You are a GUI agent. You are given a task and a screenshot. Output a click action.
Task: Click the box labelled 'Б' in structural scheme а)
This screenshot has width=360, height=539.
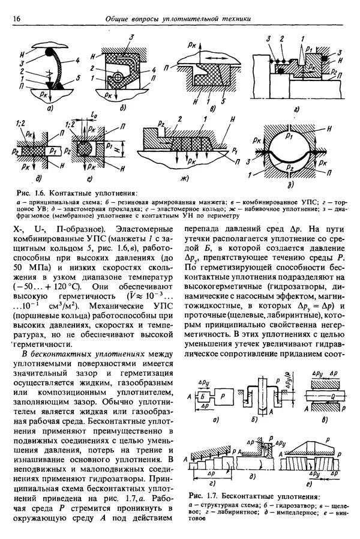(x=204, y=397)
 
